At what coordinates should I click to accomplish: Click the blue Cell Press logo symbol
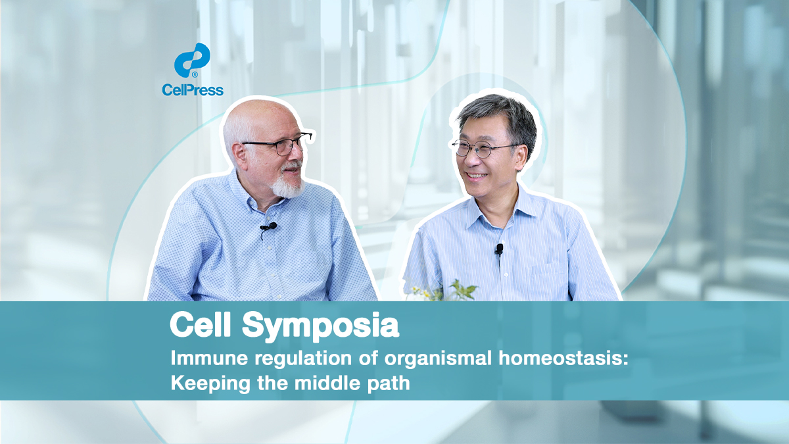(x=192, y=61)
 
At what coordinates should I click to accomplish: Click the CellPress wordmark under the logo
(x=193, y=90)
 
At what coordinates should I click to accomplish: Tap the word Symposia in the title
(x=321, y=326)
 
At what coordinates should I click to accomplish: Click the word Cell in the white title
(x=200, y=324)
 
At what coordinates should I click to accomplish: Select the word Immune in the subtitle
(x=209, y=358)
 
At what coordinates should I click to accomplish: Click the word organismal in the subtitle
(x=438, y=359)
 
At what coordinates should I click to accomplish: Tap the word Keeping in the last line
(x=210, y=383)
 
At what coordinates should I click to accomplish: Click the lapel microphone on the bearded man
(x=268, y=226)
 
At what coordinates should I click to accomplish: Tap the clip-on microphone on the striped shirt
(x=499, y=249)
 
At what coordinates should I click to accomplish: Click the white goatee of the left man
(x=287, y=184)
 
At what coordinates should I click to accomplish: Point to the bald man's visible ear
(x=239, y=155)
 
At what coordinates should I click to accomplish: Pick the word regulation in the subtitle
(x=303, y=359)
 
